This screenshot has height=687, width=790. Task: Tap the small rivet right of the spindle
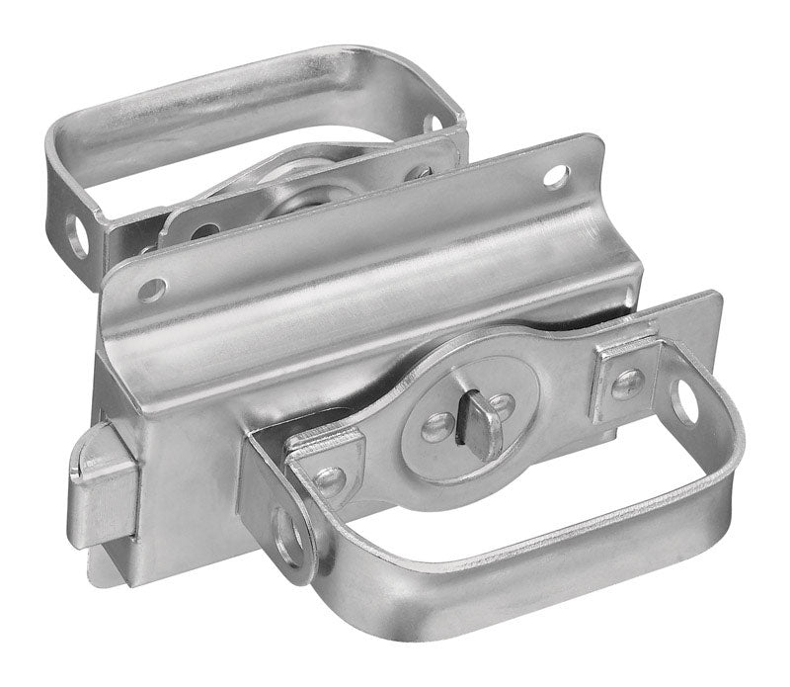click(505, 403)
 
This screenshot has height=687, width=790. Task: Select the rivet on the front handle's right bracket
click(626, 384)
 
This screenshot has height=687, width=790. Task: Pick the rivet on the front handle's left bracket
click(328, 480)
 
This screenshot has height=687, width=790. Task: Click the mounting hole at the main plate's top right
click(557, 178)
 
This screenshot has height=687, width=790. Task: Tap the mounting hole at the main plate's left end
click(151, 290)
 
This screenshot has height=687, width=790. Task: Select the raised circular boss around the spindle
click(464, 425)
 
